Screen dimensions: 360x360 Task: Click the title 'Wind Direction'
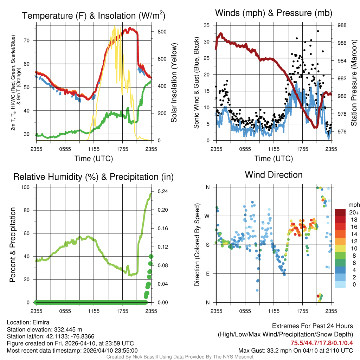click(x=274, y=175)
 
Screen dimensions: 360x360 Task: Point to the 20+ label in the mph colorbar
click(x=353, y=212)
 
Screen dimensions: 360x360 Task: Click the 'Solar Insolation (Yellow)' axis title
click(x=174, y=83)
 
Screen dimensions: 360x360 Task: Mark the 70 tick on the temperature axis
click(x=31, y=40)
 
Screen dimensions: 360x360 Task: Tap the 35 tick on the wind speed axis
click(x=207, y=25)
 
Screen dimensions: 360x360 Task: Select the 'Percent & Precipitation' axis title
click(x=13, y=245)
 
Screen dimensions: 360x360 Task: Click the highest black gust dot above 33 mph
click(x=317, y=31)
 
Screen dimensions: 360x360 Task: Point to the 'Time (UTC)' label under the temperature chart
click(x=94, y=159)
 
